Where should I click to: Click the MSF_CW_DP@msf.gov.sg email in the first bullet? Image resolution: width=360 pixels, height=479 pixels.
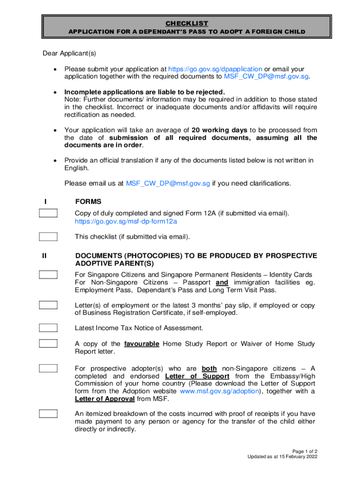(x=266, y=76)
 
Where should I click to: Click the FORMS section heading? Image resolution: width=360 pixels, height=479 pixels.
(x=88, y=202)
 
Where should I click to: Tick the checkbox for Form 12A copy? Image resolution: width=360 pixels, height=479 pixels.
(x=48, y=214)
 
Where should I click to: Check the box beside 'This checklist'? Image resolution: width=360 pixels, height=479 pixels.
(x=48, y=237)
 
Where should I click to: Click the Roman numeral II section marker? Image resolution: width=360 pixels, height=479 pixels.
(x=44, y=256)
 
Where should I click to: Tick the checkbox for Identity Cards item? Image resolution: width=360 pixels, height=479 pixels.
(x=48, y=275)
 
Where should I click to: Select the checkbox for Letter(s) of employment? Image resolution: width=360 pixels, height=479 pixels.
(x=48, y=305)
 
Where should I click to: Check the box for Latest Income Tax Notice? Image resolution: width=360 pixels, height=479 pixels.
(x=48, y=328)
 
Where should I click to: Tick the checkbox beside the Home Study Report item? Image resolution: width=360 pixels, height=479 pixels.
(x=48, y=344)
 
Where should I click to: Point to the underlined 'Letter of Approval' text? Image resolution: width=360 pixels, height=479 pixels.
(x=105, y=399)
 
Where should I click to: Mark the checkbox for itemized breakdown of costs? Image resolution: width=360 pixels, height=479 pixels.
(x=48, y=414)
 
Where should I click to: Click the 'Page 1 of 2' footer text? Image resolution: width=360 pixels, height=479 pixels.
(x=303, y=451)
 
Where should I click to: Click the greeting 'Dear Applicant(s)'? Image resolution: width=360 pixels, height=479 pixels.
(x=69, y=53)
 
